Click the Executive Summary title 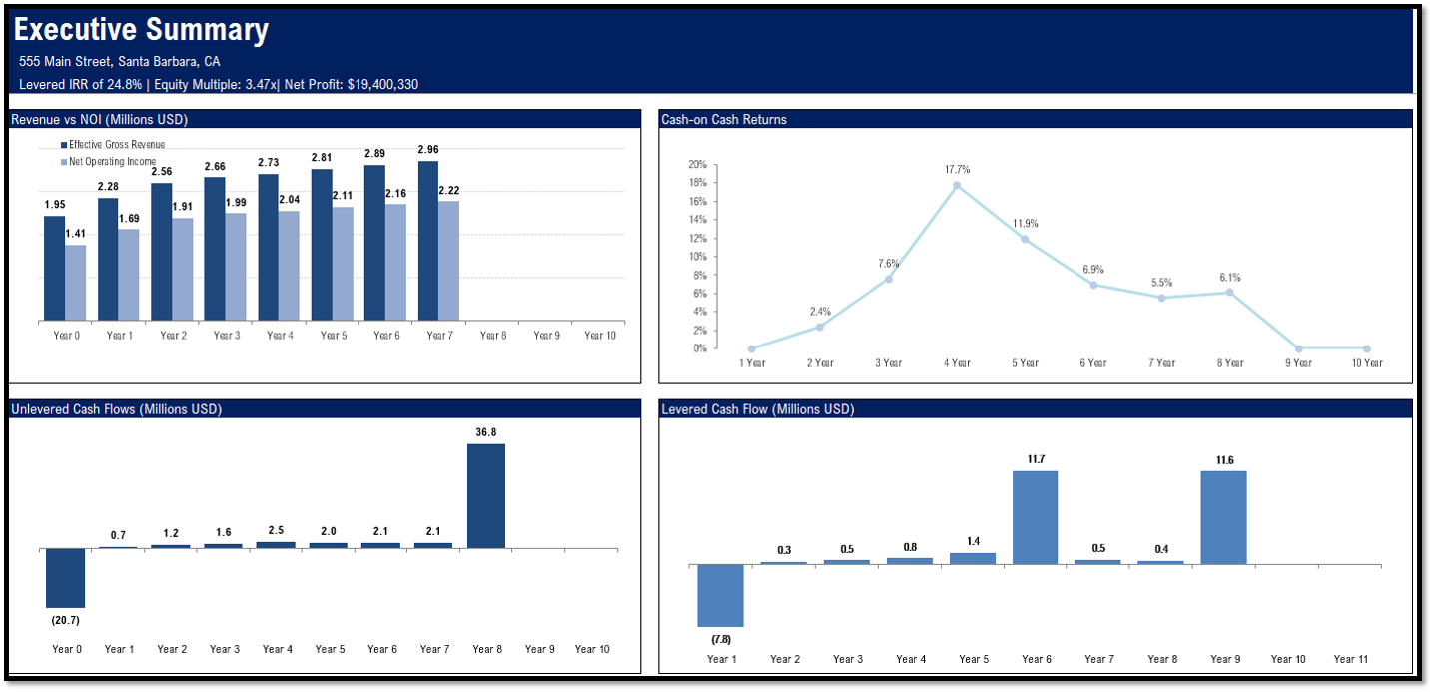pyautogui.click(x=141, y=30)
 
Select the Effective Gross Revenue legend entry pyautogui.click(x=116, y=145)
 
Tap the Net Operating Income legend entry pyautogui.click(x=112, y=162)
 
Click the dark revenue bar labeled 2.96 pyautogui.click(x=428, y=241)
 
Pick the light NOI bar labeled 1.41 pyautogui.click(x=76, y=283)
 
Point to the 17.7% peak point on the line pyautogui.click(x=957, y=185)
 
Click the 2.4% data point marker pyautogui.click(x=820, y=327)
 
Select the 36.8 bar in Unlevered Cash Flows pyautogui.click(x=486, y=495)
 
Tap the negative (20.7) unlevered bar pyautogui.click(x=66, y=578)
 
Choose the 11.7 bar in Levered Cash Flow pyautogui.click(x=1035, y=517)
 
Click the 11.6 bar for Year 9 pyautogui.click(x=1223, y=517)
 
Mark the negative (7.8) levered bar pyautogui.click(x=720, y=595)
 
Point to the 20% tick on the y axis pyautogui.click(x=697, y=165)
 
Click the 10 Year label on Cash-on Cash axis pyautogui.click(x=1366, y=363)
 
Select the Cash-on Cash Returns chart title pyautogui.click(x=724, y=120)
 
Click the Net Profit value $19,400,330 pyautogui.click(x=382, y=85)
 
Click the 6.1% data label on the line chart pyautogui.click(x=1230, y=278)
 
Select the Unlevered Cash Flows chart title pyautogui.click(x=116, y=409)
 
